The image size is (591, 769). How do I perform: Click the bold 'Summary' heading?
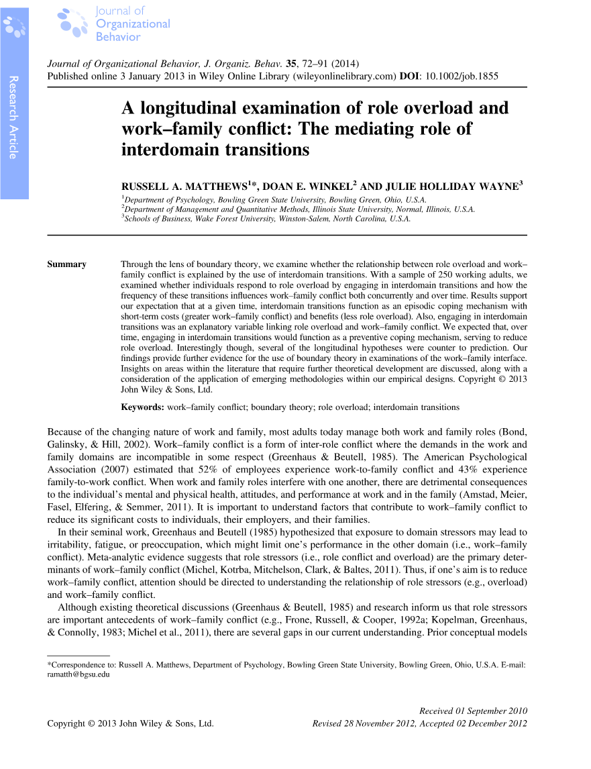tap(66, 264)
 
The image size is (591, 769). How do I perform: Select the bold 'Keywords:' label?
tap(142, 407)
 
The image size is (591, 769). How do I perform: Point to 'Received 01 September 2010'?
tap(473, 711)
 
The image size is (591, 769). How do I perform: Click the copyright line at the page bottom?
tap(130, 723)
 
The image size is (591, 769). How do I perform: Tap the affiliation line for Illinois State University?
tap(298, 209)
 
